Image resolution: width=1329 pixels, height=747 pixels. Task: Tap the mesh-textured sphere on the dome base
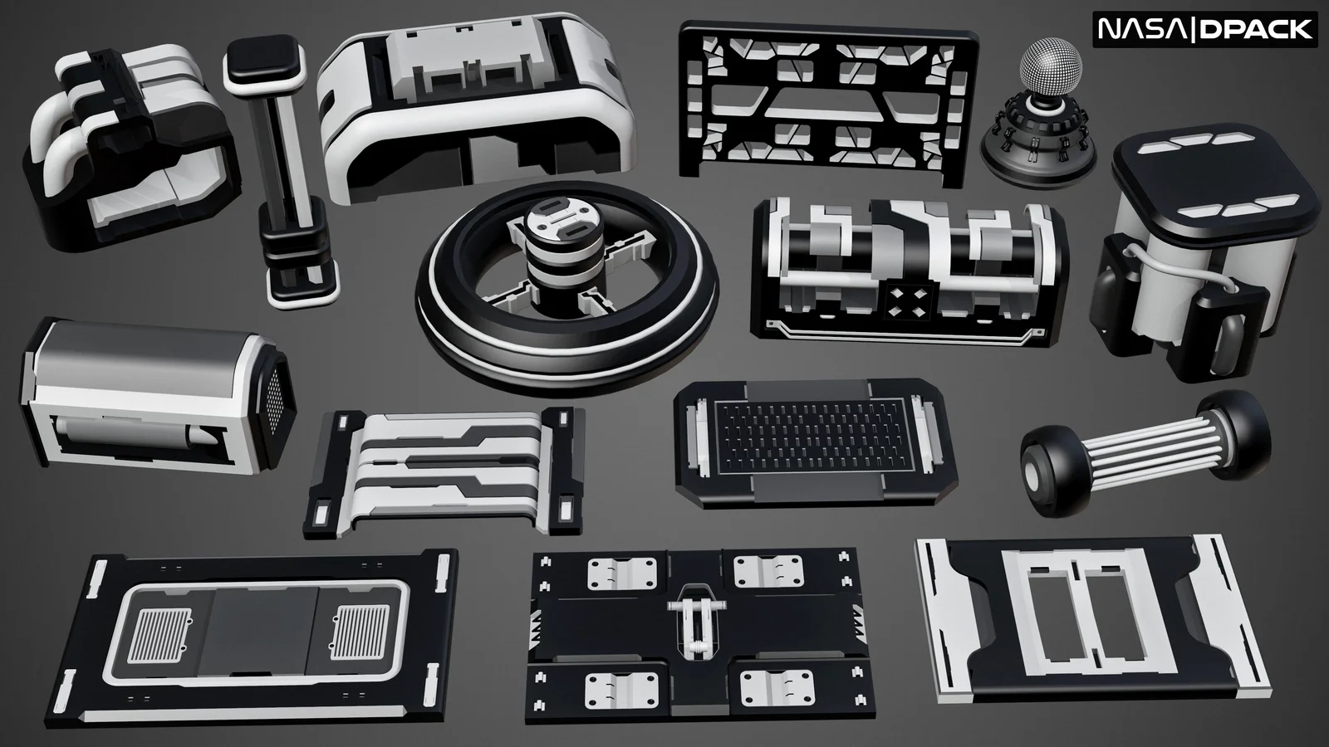click(x=1051, y=66)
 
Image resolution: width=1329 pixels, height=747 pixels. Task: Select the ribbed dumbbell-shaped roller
click(x=1145, y=453)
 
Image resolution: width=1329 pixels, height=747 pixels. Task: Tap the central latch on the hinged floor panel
click(x=695, y=622)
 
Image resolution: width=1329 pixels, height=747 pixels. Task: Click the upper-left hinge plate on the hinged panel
click(x=622, y=574)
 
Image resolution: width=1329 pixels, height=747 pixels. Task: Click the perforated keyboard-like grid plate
click(x=812, y=436)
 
